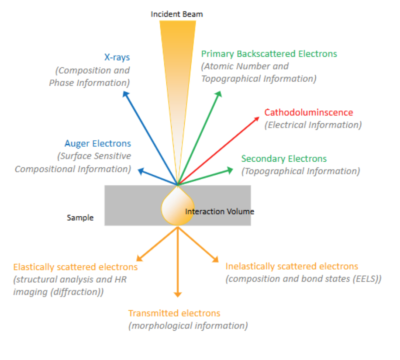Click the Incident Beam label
click(x=177, y=14)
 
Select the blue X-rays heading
click(x=117, y=57)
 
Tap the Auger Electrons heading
click(x=98, y=143)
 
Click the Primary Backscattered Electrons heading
click(x=269, y=54)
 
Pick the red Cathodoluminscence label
click(x=308, y=112)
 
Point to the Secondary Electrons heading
click(x=284, y=159)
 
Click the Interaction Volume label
click(x=220, y=211)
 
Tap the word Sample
click(x=80, y=217)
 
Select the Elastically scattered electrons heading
click(x=76, y=267)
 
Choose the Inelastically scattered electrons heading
click(x=292, y=266)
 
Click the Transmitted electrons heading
click(x=174, y=313)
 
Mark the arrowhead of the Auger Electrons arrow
click(x=140, y=171)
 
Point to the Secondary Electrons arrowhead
click(x=231, y=170)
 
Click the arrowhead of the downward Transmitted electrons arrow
click(x=177, y=294)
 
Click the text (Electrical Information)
click(x=313, y=125)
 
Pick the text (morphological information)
click(x=188, y=325)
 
